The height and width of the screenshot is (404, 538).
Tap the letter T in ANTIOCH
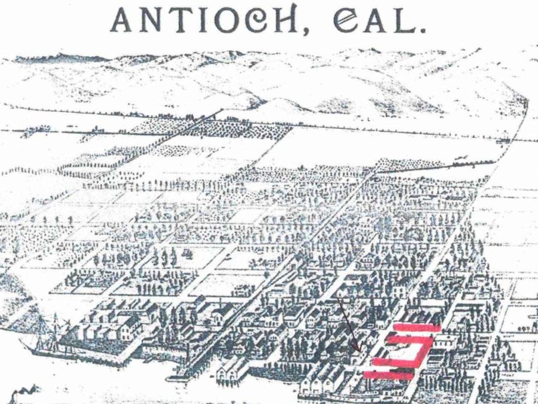pos(183,22)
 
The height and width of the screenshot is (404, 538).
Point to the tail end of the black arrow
pos(339,299)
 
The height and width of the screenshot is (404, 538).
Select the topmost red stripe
pos(416,328)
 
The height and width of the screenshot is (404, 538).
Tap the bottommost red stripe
pos(389,375)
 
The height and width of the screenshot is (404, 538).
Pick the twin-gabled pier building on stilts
pos(230,371)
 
